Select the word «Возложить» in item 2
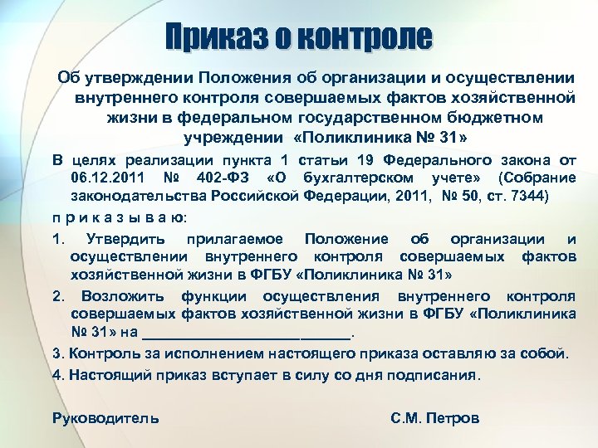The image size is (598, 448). (120, 296)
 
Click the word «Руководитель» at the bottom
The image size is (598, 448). (105, 418)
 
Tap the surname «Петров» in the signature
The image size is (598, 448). (452, 418)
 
